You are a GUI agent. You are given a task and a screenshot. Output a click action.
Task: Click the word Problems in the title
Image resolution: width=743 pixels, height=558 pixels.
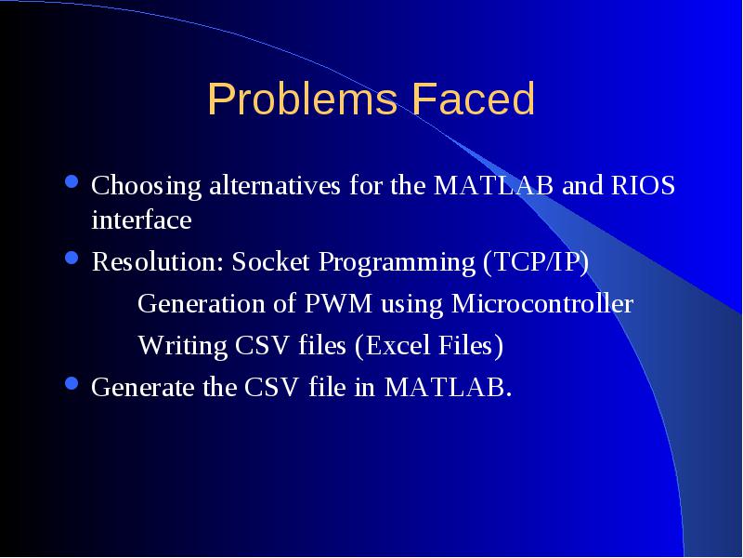302,100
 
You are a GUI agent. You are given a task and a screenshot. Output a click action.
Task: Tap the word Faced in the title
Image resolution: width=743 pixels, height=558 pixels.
474,99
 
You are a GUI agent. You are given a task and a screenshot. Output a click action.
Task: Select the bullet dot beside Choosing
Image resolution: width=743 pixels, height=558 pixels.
72,182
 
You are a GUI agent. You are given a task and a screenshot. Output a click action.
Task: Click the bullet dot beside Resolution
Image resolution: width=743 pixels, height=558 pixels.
72,259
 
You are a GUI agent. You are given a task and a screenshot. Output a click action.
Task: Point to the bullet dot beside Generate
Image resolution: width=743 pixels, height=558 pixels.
72,383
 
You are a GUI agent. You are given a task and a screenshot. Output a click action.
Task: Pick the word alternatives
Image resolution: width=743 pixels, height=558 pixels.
275,185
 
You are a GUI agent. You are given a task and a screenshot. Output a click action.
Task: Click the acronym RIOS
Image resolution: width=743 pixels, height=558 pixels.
643,185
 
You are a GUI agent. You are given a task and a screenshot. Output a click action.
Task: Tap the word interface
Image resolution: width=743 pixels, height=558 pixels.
141,219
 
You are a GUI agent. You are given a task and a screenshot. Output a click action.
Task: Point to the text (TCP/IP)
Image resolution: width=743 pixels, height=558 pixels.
536,262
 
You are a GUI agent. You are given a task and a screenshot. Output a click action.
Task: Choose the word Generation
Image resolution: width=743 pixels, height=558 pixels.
201,303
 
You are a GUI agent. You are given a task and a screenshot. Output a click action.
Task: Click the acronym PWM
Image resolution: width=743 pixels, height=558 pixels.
338,303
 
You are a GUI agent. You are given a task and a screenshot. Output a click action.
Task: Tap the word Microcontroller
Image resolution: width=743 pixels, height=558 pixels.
542,303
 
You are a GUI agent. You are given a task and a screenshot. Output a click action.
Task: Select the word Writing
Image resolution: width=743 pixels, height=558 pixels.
182,346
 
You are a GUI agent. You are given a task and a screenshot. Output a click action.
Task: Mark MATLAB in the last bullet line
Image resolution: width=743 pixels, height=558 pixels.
448,387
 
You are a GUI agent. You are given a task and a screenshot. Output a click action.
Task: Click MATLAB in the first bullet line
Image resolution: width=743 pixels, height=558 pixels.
493,185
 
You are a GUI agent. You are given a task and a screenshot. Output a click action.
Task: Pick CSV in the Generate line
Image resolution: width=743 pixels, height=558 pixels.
271,387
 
